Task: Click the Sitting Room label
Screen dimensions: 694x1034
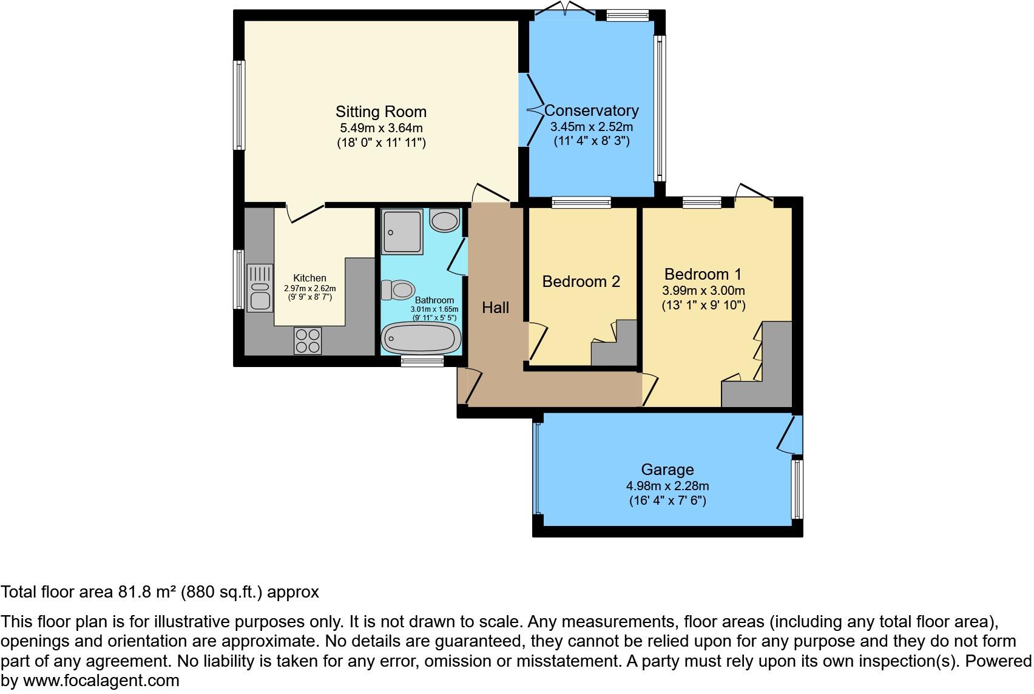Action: click(381, 112)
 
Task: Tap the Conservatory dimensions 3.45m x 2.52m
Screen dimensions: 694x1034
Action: click(591, 127)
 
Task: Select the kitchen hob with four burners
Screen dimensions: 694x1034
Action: click(308, 340)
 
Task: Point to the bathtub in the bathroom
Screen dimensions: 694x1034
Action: click(419, 338)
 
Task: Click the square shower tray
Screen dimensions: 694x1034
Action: click(402, 232)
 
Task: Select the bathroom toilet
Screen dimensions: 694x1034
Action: click(399, 289)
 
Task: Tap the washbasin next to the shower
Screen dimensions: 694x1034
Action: click(444, 220)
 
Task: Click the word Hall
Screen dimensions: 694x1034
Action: click(495, 308)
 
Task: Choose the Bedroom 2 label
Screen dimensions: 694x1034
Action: click(581, 281)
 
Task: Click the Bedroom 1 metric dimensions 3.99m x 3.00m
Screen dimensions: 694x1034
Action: click(703, 291)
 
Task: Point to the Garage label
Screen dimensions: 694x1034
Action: click(667, 470)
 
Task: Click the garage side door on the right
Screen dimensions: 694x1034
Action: click(789, 434)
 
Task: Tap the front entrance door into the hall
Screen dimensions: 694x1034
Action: click(471, 386)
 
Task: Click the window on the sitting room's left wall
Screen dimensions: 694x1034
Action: click(240, 105)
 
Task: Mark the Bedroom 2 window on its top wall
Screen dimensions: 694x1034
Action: click(581, 203)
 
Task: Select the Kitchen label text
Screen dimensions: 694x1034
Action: click(309, 278)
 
